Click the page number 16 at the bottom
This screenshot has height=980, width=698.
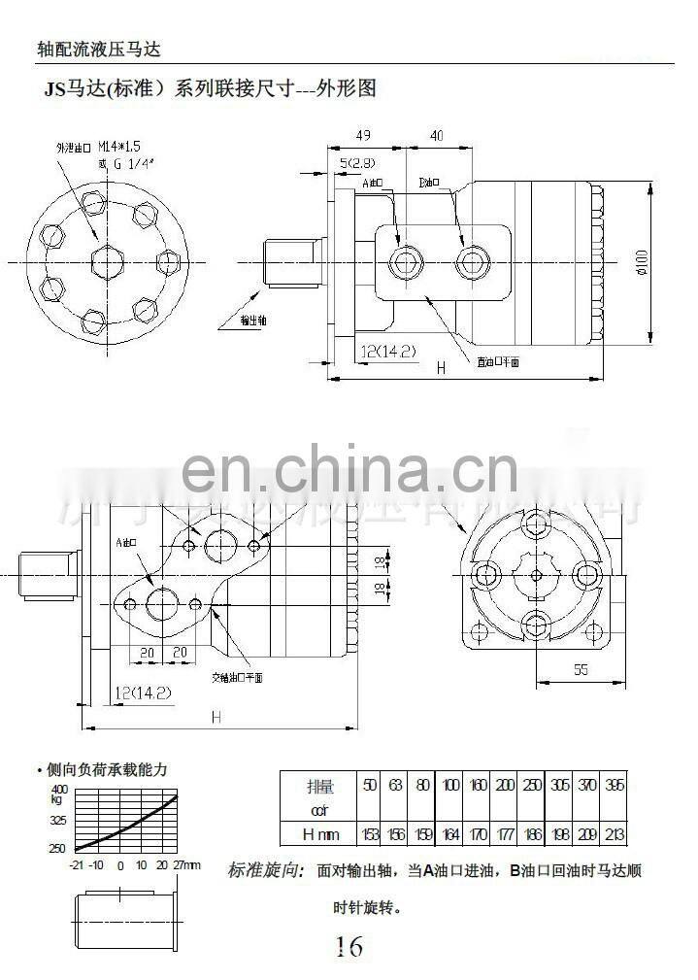coord(349,945)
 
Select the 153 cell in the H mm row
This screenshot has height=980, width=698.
coord(369,834)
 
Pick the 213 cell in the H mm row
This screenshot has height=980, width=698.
coord(614,834)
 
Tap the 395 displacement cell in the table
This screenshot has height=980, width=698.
coord(614,785)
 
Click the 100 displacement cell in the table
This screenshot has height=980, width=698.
coord(450,785)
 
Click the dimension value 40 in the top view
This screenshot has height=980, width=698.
coord(437,136)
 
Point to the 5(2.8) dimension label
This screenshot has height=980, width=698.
coord(358,162)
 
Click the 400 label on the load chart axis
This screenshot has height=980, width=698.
coord(59,788)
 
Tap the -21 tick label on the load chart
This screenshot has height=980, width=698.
coord(77,864)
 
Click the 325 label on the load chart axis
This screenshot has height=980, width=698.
coord(58,820)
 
